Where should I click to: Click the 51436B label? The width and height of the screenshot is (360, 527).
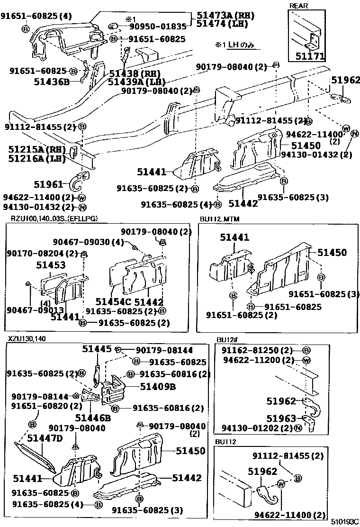[x=51, y=82]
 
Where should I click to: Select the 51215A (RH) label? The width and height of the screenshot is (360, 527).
[x=36, y=149]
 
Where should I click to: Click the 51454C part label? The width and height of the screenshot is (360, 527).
[x=113, y=302]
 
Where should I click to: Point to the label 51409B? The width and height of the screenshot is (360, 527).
[x=158, y=386]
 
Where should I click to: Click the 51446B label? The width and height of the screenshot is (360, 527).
[x=92, y=418]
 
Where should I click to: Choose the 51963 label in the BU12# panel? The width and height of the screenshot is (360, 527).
[x=281, y=418]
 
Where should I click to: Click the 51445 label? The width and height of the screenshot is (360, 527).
[x=97, y=349]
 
